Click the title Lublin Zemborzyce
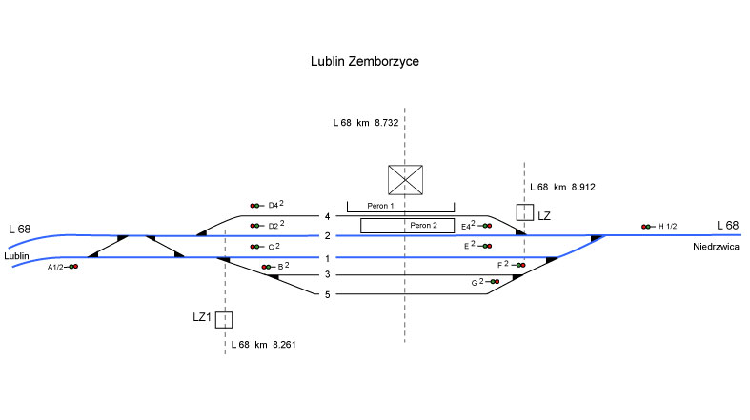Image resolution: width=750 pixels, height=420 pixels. tap(364, 62)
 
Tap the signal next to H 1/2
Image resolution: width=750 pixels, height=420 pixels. tap(648, 227)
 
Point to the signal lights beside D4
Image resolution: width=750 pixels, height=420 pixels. tap(256, 206)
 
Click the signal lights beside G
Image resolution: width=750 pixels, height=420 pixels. tap(492, 282)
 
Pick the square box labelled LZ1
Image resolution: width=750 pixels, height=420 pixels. tap(224, 320)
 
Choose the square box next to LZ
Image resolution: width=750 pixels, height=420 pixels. tap(525, 212)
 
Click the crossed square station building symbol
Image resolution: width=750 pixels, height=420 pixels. tap(405, 180)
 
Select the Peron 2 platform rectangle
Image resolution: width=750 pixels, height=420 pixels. tap(407, 226)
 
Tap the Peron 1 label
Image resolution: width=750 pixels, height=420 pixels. tap(380, 206)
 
